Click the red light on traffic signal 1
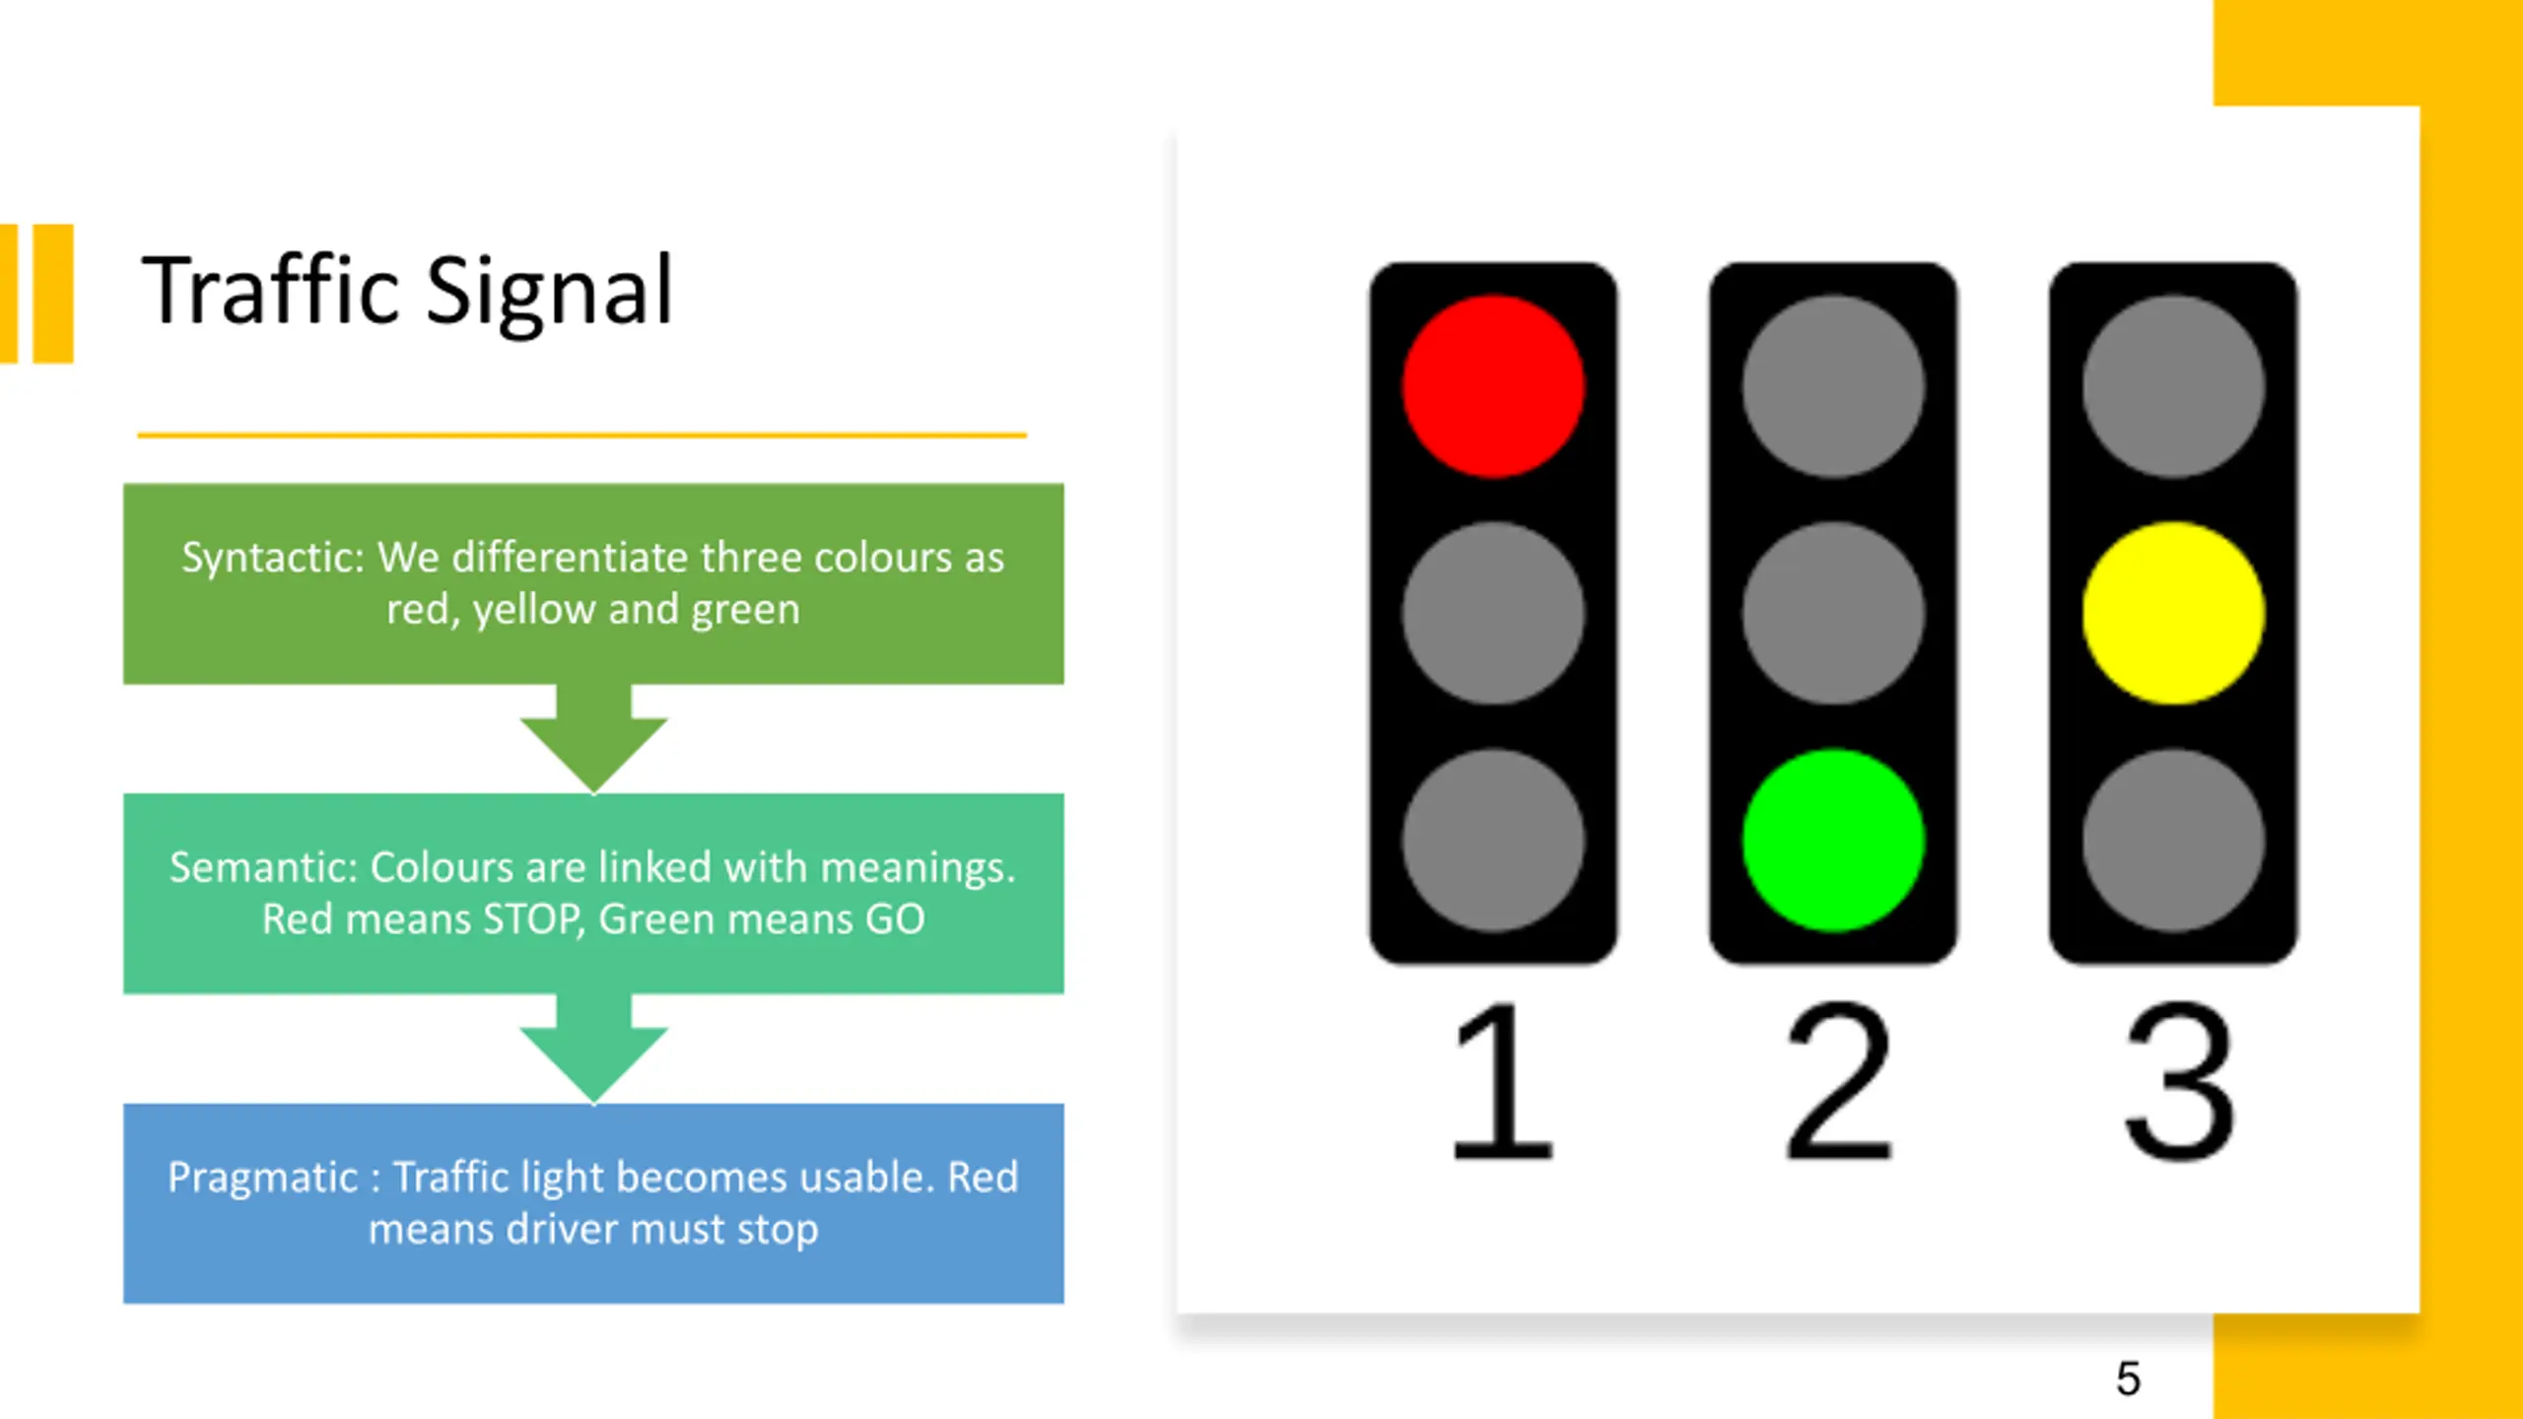[1493, 386]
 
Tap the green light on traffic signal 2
[1833, 840]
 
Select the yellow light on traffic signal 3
[2173, 613]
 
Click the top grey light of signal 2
[1833, 386]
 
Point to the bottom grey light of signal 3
[2173, 840]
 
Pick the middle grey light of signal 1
[1493, 613]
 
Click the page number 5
[2128, 1378]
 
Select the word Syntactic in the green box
[272, 559]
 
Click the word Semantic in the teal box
[262, 868]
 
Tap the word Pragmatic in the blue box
[262, 1178]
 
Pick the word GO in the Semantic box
[894, 919]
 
